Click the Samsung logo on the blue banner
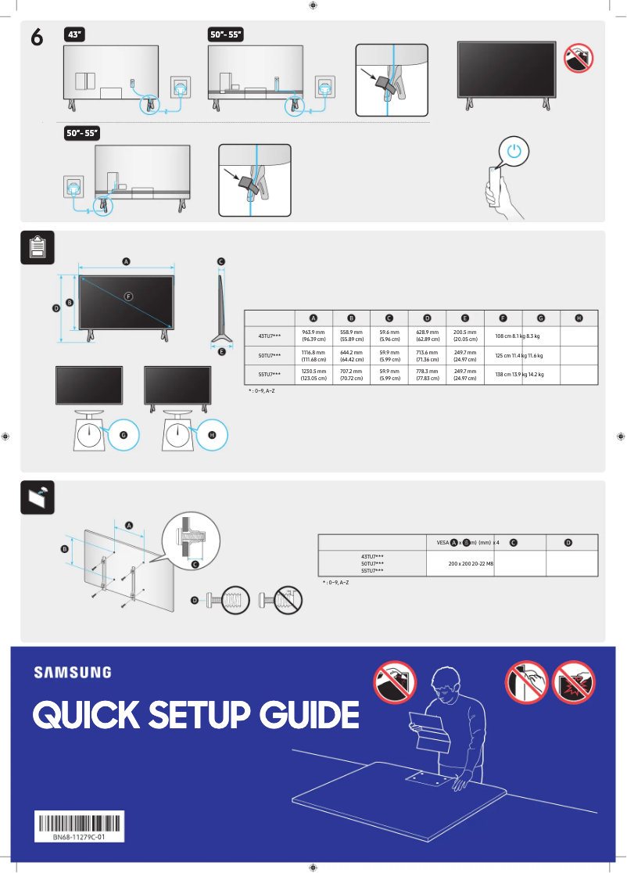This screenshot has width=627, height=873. coord(72,672)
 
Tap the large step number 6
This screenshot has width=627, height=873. coord(36,37)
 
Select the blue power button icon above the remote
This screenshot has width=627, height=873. coord(512,151)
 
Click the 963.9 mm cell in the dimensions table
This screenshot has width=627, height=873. coord(313,336)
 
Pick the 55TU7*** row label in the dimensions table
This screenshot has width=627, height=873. coord(269,375)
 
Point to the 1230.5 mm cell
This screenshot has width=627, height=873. coord(313,375)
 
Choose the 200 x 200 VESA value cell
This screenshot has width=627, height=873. coord(471,563)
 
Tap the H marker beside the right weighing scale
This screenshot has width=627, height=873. coord(212,435)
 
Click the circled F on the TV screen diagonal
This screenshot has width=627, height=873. coord(129,296)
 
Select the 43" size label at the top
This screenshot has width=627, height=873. coord(76,34)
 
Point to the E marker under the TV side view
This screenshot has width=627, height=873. coord(222,353)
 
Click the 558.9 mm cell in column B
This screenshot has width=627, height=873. coord(351,336)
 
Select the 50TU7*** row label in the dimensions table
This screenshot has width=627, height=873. coord(269,355)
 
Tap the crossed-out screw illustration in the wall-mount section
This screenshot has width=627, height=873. coord(282,601)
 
